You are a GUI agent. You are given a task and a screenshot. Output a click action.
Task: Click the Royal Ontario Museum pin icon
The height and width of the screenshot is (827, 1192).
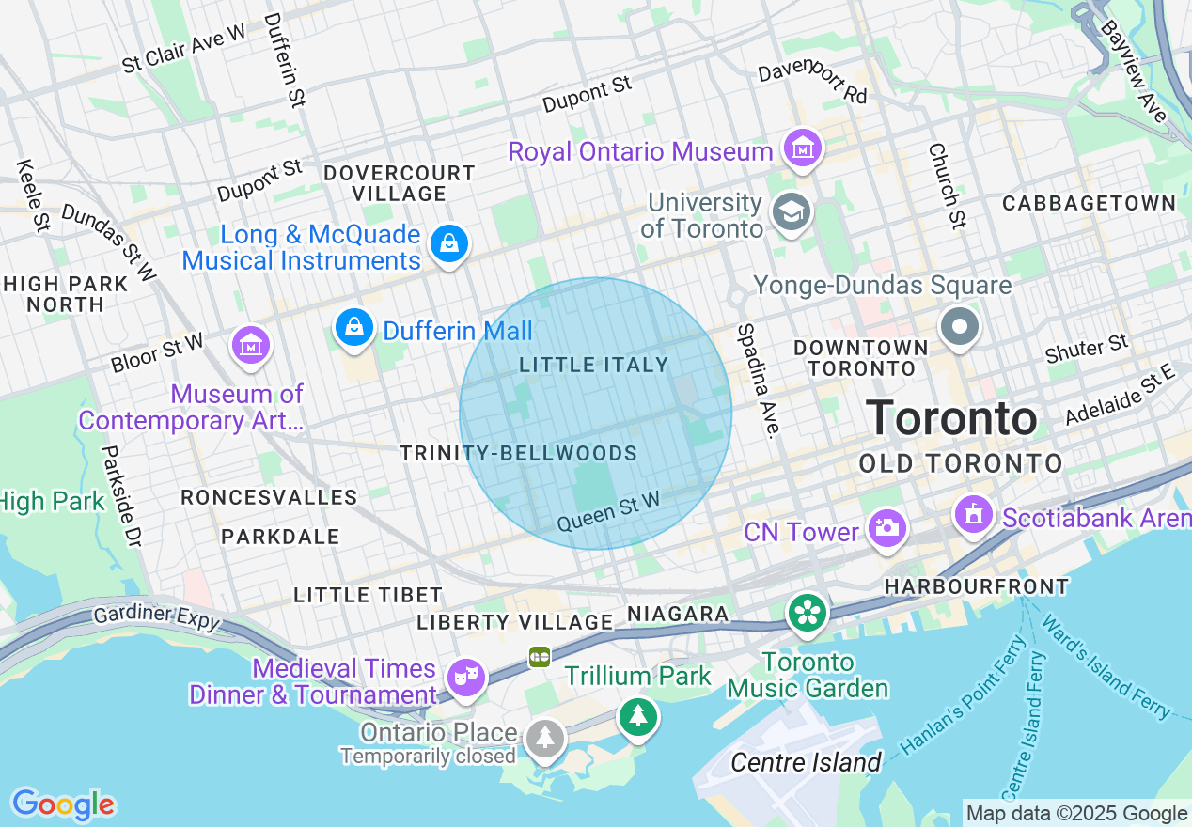click(804, 148)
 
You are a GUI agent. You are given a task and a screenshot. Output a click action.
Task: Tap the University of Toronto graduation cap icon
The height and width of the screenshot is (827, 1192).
click(791, 213)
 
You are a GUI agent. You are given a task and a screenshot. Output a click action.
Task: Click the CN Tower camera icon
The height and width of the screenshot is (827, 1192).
click(886, 529)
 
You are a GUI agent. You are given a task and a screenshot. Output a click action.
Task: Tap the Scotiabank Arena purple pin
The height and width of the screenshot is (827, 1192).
click(973, 514)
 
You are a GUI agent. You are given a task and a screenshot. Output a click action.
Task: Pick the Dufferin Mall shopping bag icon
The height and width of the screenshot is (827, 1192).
click(353, 327)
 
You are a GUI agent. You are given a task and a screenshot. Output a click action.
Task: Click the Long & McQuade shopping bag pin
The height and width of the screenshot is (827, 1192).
click(449, 244)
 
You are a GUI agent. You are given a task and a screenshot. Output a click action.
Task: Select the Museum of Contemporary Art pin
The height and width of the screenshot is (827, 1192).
click(251, 347)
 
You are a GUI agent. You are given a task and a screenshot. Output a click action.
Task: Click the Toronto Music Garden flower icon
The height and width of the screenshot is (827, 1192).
click(808, 613)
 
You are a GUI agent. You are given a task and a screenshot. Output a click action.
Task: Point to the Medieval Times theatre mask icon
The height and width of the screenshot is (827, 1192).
click(465, 676)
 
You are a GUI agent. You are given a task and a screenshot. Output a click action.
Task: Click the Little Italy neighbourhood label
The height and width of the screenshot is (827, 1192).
click(594, 365)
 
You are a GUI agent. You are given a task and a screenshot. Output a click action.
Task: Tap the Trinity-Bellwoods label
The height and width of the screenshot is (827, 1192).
click(519, 453)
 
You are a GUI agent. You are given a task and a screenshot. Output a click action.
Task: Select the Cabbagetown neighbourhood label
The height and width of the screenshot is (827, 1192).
click(1089, 203)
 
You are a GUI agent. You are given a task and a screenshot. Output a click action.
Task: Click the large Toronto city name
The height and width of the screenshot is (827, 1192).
click(951, 418)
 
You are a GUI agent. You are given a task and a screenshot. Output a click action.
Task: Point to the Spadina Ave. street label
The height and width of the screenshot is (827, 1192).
click(759, 381)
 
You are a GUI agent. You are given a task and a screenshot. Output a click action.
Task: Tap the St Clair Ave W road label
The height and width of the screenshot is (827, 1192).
click(183, 49)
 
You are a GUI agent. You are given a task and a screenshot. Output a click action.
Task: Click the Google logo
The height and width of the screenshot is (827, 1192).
click(63, 804)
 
